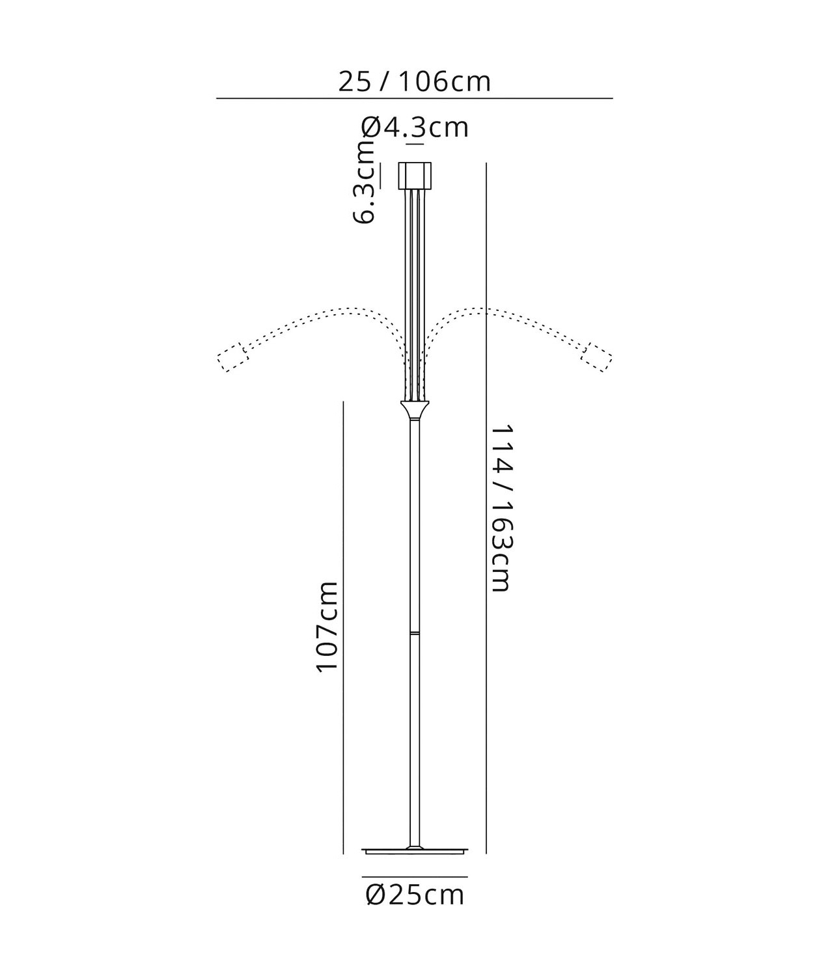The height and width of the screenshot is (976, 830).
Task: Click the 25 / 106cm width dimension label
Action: [415, 82]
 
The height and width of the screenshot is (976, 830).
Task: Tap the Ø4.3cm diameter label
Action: [415, 128]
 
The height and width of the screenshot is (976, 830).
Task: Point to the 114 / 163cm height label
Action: [502, 508]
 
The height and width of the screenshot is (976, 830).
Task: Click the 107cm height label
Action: [327, 626]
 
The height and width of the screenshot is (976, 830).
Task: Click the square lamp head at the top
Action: [415, 175]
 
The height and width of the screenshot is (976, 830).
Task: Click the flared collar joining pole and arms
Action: [415, 410]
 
